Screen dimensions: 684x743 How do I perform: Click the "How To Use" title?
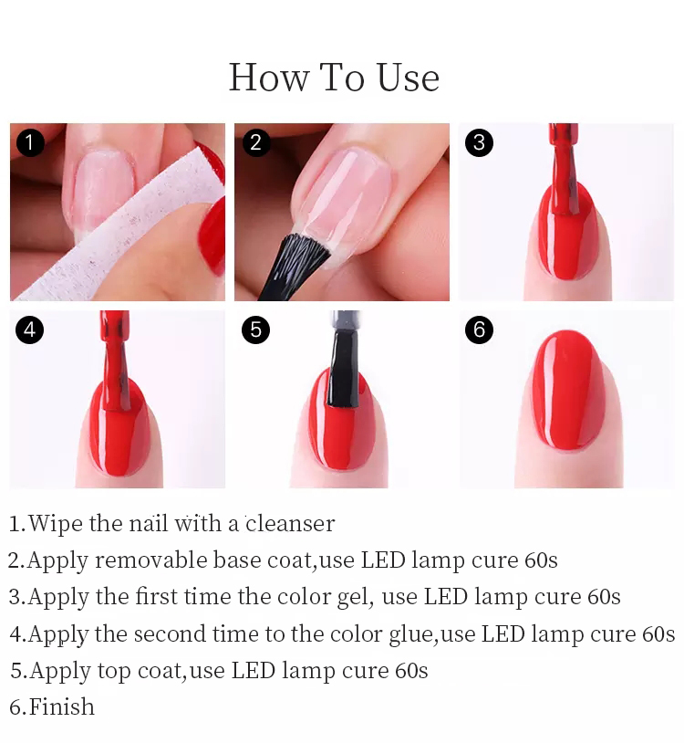pos(334,78)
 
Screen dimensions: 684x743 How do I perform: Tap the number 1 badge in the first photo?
pos(30,142)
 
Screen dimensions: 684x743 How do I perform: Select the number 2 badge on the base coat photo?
pos(255,142)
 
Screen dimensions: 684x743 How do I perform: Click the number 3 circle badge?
pos(479,142)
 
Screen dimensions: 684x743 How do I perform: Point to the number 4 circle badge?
pos(30,330)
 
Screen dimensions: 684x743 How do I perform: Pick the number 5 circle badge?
pos(255,330)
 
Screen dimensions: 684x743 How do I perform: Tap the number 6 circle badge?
pos(479,330)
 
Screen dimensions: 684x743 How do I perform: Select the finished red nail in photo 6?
pos(569,390)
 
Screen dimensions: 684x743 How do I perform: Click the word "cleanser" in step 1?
pos(290,524)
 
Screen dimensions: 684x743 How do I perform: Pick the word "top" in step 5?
pos(114,671)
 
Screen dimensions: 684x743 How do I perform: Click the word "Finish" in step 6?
pos(62,706)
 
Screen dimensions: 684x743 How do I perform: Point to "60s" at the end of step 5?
pos(411,671)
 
